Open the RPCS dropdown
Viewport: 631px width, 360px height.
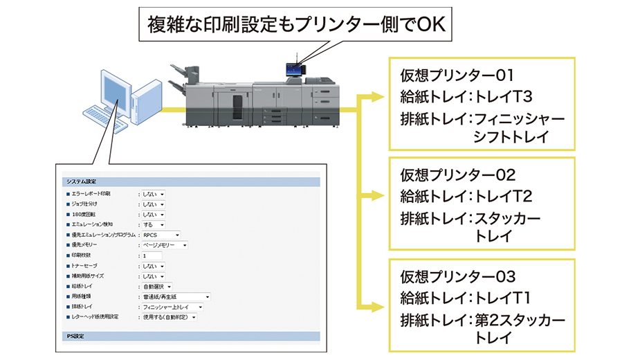(x=160, y=235)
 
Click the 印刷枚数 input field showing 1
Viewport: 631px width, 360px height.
(x=152, y=255)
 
